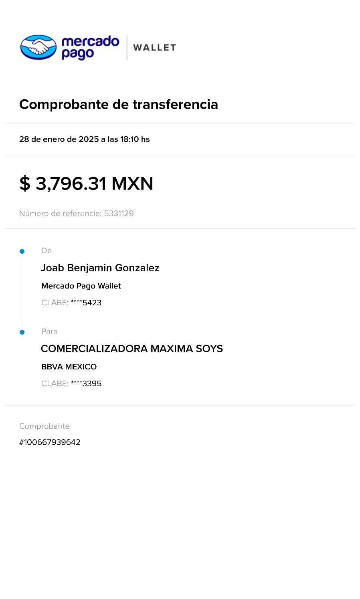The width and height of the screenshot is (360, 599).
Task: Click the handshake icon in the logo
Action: click(38, 47)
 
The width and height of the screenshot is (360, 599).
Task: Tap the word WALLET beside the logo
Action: click(154, 47)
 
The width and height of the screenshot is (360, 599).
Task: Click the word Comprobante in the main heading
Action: click(64, 104)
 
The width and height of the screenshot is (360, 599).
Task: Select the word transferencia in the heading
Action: click(175, 104)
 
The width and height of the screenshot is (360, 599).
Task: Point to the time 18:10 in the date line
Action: click(129, 139)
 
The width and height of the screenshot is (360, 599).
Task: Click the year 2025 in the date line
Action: click(89, 139)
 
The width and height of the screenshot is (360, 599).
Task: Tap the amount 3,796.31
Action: click(71, 184)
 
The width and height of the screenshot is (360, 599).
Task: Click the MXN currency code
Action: click(133, 184)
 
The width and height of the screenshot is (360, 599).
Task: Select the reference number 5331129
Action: click(119, 214)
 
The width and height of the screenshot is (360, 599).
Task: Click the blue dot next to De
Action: click(22, 252)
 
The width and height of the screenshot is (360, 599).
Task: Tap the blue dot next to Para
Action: click(22, 332)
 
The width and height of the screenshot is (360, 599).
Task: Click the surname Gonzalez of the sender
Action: click(138, 268)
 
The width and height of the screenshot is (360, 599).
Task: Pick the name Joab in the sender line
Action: click(52, 268)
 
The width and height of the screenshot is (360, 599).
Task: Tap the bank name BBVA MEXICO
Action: click(69, 367)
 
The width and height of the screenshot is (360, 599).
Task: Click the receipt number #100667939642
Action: click(50, 442)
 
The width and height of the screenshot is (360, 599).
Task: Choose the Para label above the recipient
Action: click(49, 332)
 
